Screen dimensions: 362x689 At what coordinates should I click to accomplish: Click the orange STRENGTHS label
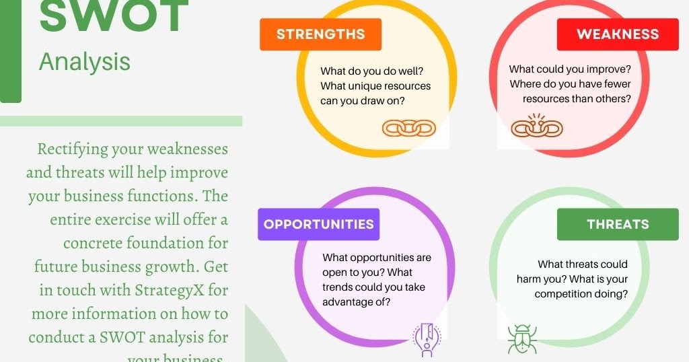tap(320, 34)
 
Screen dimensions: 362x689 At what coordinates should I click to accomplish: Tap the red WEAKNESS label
tap(618, 34)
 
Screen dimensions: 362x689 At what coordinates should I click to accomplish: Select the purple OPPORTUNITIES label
tap(318, 224)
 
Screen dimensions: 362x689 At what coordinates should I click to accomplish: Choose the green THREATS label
tap(618, 224)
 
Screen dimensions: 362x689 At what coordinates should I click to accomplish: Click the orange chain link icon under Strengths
tap(409, 127)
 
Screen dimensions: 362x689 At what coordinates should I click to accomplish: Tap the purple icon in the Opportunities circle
tap(426, 340)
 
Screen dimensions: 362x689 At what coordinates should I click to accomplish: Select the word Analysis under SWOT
tap(85, 62)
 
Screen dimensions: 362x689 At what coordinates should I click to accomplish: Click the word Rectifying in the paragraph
tap(71, 149)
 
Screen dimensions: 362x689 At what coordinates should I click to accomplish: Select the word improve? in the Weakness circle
tap(608, 69)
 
